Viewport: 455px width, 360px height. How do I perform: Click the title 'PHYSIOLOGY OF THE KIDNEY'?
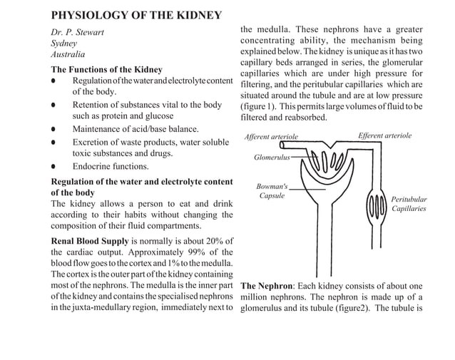(x=136, y=15)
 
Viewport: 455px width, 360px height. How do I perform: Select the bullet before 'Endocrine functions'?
(x=54, y=167)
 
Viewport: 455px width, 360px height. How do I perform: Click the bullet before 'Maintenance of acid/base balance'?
(x=54, y=130)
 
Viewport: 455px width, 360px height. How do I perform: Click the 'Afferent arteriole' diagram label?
(x=271, y=136)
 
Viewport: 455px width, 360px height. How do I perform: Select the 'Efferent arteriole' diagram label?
(x=384, y=135)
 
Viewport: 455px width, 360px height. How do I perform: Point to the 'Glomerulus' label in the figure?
(x=272, y=157)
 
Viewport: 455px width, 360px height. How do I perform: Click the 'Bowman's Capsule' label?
(x=272, y=191)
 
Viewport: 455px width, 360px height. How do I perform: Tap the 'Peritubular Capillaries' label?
(x=409, y=204)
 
